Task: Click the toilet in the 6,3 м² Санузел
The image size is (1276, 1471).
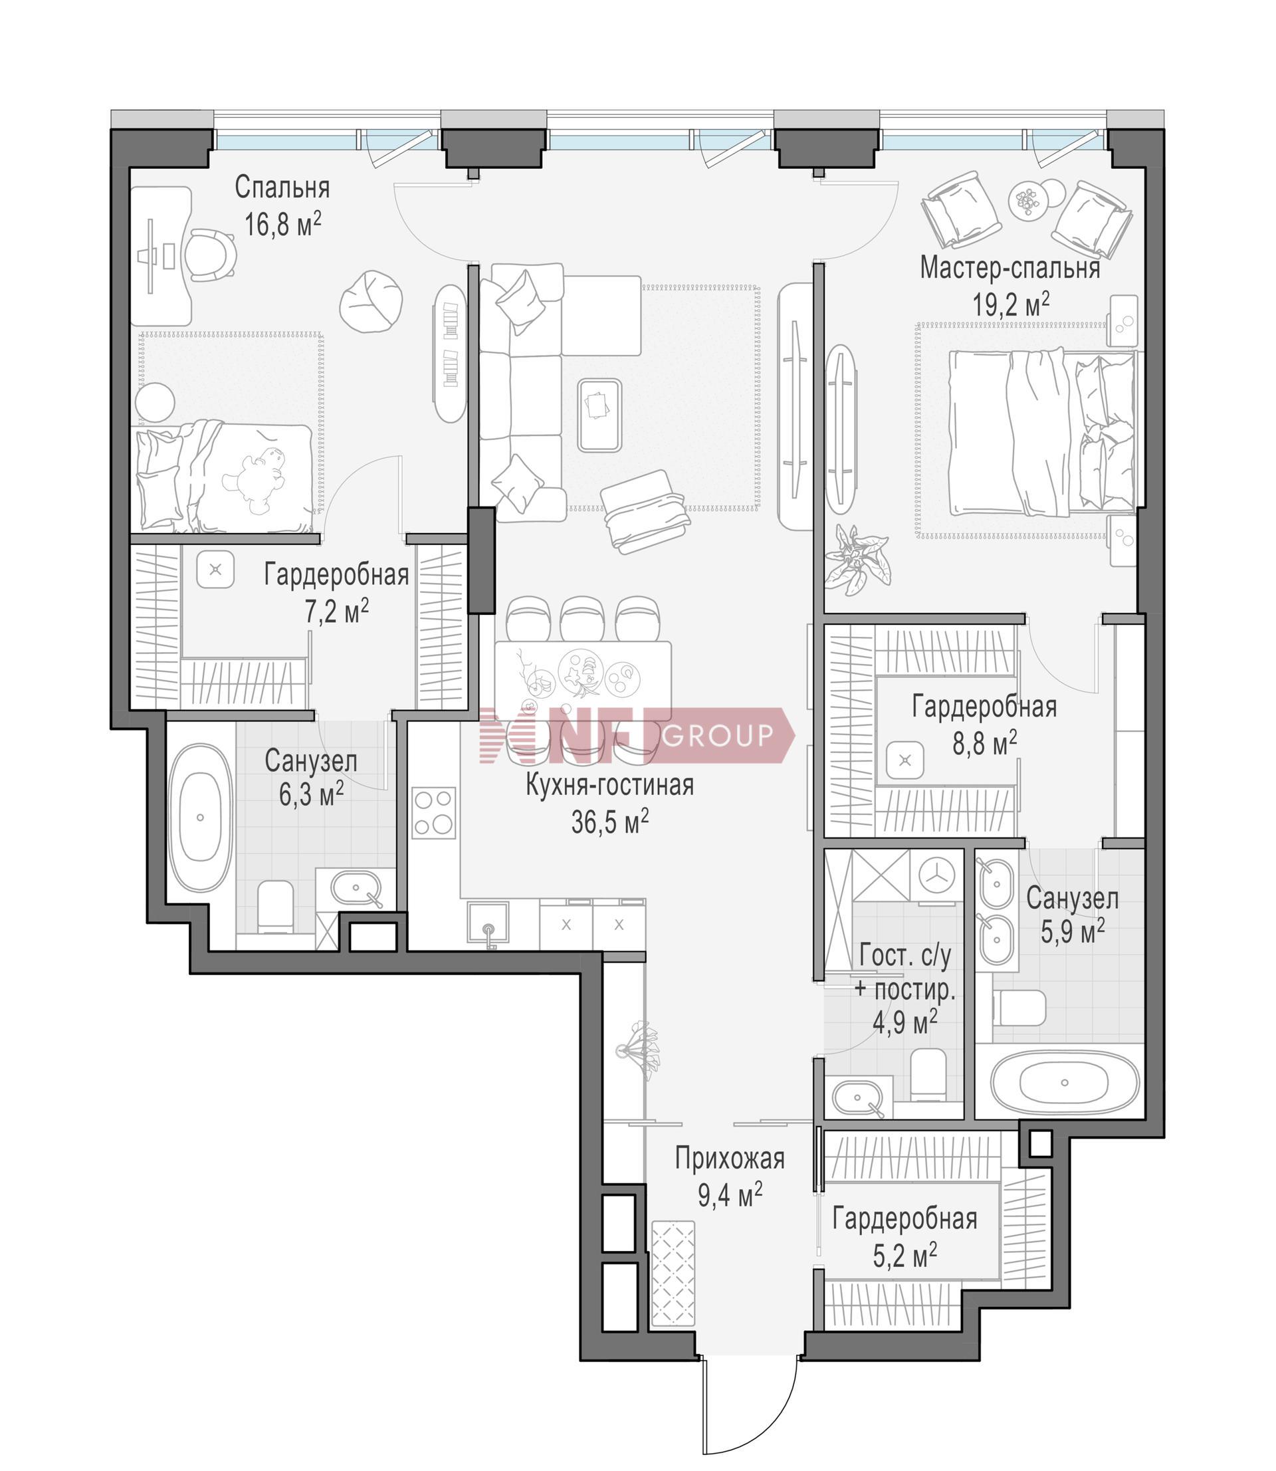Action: tap(276, 908)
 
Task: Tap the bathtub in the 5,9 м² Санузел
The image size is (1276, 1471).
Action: tap(1064, 1083)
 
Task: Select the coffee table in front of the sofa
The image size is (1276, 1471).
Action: tap(599, 414)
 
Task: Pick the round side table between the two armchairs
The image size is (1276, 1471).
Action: tap(1027, 201)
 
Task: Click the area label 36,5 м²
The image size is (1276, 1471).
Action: tap(609, 822)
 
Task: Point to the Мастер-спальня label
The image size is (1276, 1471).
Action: tap(1010, 269)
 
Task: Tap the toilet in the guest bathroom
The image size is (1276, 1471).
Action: tap(928, 1074)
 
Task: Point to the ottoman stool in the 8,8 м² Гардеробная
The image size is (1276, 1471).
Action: tap(906, 760)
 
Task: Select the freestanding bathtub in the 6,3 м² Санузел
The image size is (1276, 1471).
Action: tap(200, 818)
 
